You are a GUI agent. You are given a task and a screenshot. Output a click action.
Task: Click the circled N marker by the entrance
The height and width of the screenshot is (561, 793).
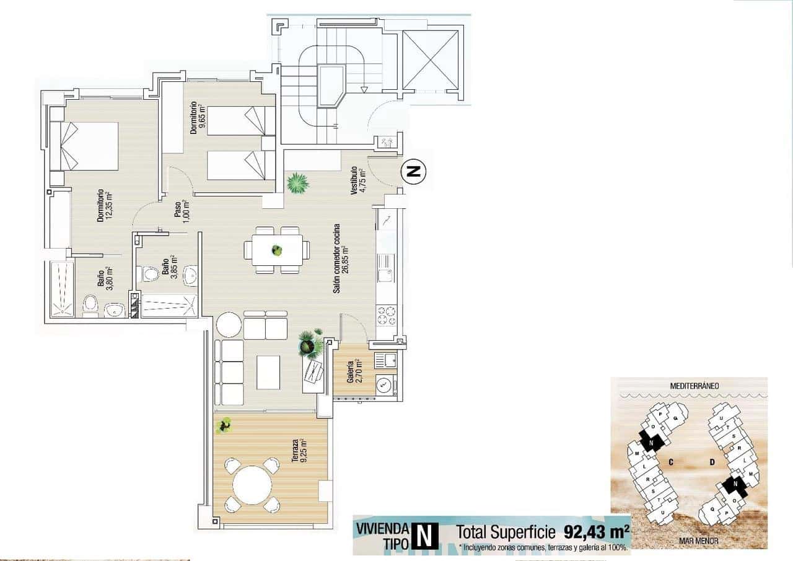click(x=413, y=171)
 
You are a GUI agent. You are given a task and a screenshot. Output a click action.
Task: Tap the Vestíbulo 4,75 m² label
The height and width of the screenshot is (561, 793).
click(x=358, y=180)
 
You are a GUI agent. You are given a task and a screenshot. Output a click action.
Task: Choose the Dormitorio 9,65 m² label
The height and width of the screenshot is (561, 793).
click(x=197, y=118)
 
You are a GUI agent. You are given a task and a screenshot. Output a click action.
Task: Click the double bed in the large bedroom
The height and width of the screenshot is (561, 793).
click(x=84, y=146)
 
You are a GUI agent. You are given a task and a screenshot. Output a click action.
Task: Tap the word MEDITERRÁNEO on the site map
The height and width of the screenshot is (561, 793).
click(x=694, y=386)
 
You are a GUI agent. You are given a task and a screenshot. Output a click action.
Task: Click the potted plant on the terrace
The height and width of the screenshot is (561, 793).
click(x=224, y=424)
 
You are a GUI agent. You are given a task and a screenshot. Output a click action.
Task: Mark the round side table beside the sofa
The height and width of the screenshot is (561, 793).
click(x=228, y=324)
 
